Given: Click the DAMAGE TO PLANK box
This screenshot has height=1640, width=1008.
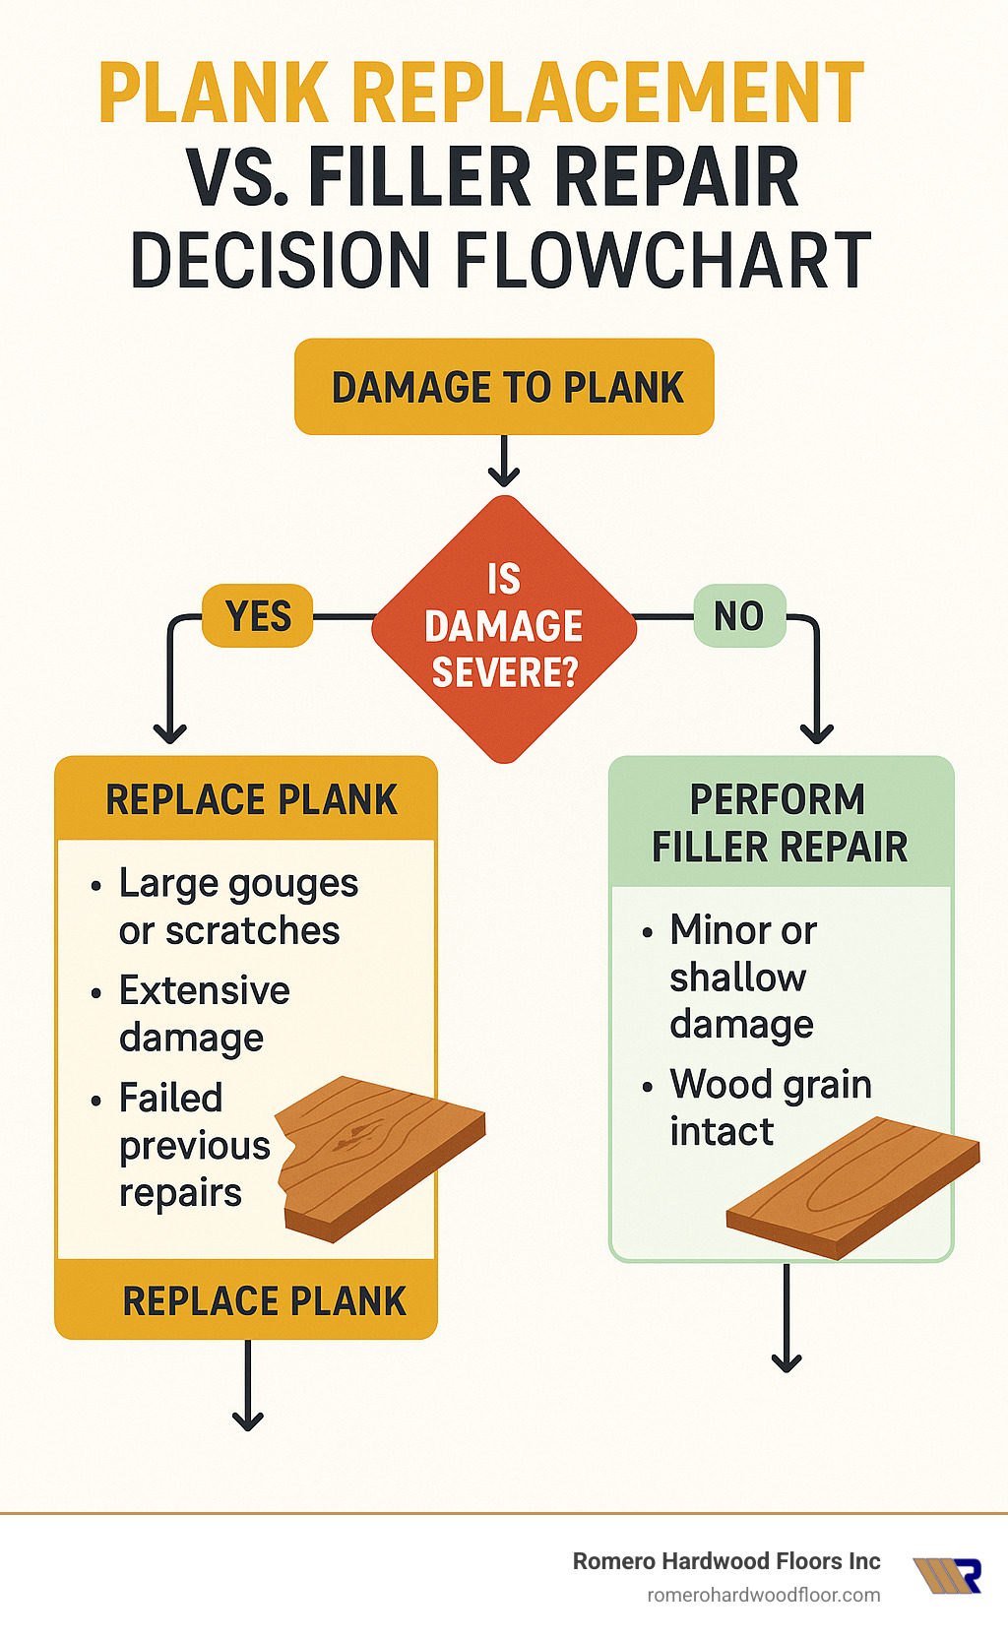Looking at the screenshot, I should coord(504,387).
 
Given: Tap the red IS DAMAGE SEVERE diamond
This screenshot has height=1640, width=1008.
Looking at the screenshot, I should coord(504,628).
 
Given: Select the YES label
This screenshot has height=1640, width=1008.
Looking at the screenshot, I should coord(258,616).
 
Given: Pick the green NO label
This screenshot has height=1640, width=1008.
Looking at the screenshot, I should coord(739,616).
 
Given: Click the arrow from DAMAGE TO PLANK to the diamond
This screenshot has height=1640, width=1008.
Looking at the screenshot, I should coord(504,461).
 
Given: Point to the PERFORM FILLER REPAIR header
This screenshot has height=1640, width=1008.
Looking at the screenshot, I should coord(780,823).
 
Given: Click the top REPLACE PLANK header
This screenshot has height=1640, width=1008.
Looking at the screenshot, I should coord(251,799).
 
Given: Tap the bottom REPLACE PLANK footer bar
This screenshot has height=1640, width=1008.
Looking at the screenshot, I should coord(251,1300).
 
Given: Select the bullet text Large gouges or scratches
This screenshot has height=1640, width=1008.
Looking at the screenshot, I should coord(236,907).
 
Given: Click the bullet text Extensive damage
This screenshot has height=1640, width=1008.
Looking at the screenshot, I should coord(204,1013).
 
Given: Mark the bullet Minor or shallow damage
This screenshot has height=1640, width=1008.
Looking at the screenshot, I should coord(743,977).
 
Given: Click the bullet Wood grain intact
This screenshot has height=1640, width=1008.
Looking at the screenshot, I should coord(770,1106).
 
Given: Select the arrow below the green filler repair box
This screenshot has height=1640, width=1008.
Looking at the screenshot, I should coord(787,1319).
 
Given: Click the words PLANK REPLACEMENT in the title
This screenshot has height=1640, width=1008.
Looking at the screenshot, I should coord(482,94).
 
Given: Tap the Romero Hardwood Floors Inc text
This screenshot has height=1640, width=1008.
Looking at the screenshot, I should coord(726,1561).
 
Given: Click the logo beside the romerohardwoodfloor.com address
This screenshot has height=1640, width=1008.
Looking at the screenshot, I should coord(947,1575).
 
